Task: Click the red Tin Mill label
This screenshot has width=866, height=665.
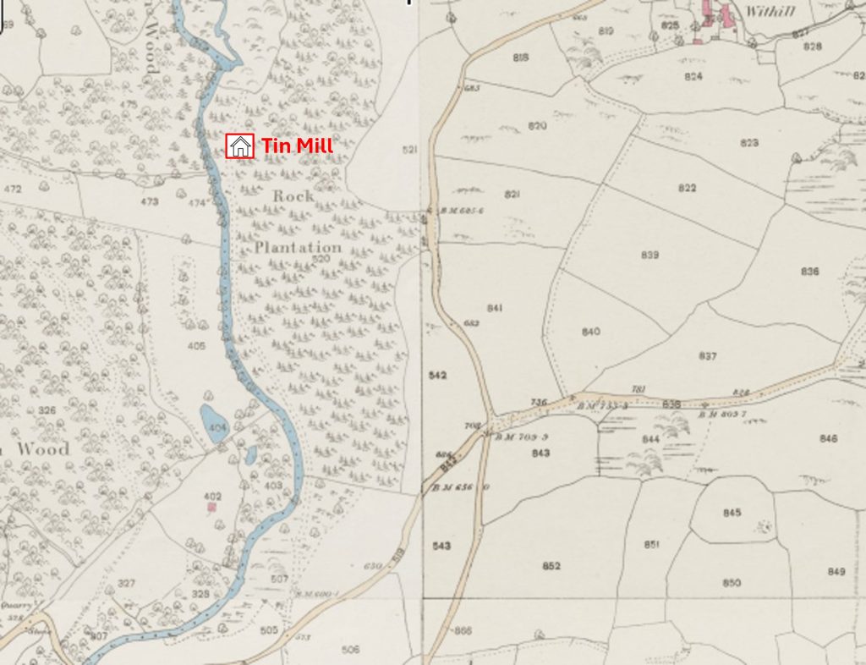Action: tap(297, 146)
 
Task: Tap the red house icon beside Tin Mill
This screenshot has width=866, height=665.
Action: tap(240, 146)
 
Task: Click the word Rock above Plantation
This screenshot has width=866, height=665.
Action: tap(293, 195)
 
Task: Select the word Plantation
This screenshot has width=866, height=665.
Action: tap(299, 247)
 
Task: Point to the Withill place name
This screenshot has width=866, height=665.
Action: tap(767, 12)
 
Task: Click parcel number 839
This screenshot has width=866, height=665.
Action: tap(649, 255)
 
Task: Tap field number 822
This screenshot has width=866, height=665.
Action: tap(687, 188)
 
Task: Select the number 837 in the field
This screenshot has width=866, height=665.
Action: tap(707, 355)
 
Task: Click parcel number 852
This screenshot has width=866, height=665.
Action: tap(551, 565)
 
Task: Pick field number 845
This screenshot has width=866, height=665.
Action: tap(732, 513)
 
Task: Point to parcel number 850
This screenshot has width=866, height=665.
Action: tap(732, 582)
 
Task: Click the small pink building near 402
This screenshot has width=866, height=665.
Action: tap(212, 507)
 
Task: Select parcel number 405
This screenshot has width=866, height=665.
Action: tap(196, 345)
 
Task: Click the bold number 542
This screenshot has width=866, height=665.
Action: tap(437, 374)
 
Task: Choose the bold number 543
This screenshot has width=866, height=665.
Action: tap(441, 546)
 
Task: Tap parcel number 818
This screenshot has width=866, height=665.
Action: tap(520, 58)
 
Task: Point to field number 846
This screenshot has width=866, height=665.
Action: tap(828, 438)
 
